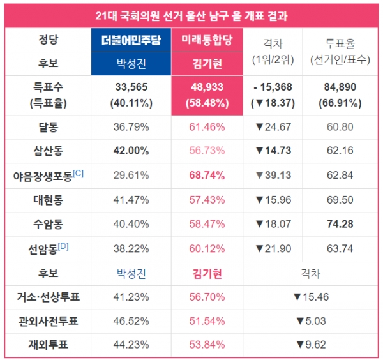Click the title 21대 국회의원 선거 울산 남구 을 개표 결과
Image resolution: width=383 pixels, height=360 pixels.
pyautogui.click(x=191, y=16)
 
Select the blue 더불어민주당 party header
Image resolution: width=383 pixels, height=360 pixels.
pyautogui.click(x=131, y=41)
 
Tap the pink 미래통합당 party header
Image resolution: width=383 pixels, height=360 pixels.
pyautogui.click(x=207, y=41)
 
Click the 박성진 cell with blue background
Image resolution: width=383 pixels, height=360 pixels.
pyautogui.click(x=131, y=64)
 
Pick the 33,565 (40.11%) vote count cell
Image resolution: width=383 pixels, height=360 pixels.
pyautogui.click(x=131, y=95)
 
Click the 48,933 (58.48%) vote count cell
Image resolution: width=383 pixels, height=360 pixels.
pyautogui.click(x=207, y=95)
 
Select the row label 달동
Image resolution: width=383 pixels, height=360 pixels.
pyautogui.click(x=48, y=127)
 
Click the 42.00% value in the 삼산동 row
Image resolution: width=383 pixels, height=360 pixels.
pyautogui.click(x=131, y=151)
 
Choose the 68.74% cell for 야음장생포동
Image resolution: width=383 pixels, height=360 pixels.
pyautogui.click(x=207, y=175)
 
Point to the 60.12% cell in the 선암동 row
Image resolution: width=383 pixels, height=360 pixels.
pyautogui.click(x=207, y=248)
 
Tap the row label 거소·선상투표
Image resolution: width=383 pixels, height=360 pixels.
pyautogui.click(x=48, y=297)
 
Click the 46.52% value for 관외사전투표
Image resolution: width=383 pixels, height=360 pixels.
pyautogui.click(x=131, y=321)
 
